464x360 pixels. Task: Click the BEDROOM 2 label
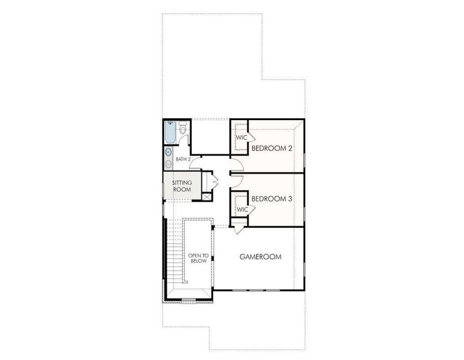click(x=272, y=148)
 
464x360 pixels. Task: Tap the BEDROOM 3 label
click(x=272, y=199)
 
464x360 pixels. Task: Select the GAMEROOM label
click(x=260, y=257)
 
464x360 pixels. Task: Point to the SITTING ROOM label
click(x=182, y=186)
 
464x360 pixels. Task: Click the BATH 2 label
click(x=183, y=160)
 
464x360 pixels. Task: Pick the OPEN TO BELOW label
click(x=198, y=258)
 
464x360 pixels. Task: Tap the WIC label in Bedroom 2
click(x=241, y=138)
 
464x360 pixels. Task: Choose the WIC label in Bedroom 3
click(x=242, y=209)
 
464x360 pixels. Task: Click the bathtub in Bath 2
click(x=170, y=133)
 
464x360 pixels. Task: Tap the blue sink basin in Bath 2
click(x=168, y=151)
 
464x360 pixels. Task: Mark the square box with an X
click(x=207, y=196)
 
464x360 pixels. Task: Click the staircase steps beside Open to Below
click(x=174, y=252)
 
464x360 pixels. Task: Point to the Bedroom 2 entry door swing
click(x=236, y=166)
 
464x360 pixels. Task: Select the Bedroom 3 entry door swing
click(x=236, y=179)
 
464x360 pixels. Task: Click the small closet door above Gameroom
click(x=238, y=227)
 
